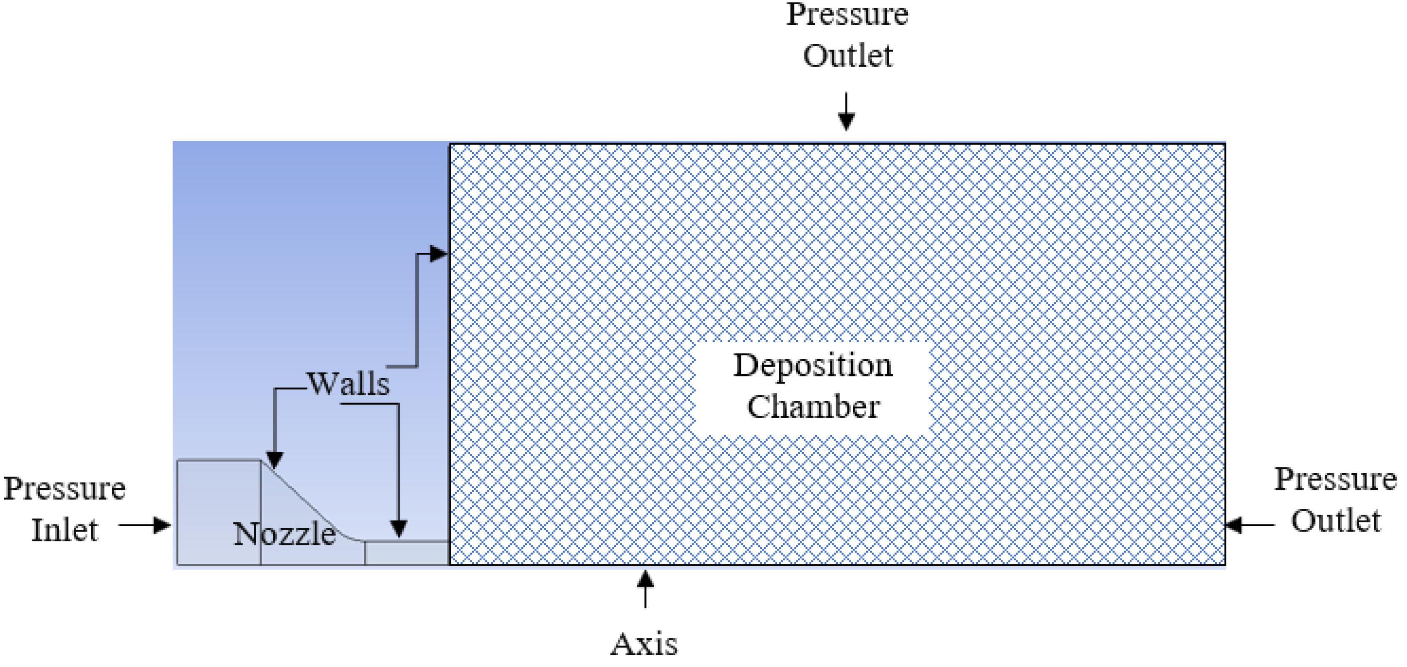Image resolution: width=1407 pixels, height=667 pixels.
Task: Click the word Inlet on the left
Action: pos(64,530)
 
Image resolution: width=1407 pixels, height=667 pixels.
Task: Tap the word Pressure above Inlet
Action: pos(64,488)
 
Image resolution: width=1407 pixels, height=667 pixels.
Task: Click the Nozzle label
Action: pos(284,534)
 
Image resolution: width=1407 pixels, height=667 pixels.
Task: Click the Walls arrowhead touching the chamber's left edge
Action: pos(438,254)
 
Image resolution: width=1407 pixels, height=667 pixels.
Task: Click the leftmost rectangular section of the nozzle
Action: pos(218,512)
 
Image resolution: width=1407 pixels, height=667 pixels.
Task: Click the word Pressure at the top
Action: pos(847,14)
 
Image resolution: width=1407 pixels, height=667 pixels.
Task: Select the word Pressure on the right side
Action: pos(1336,479)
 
